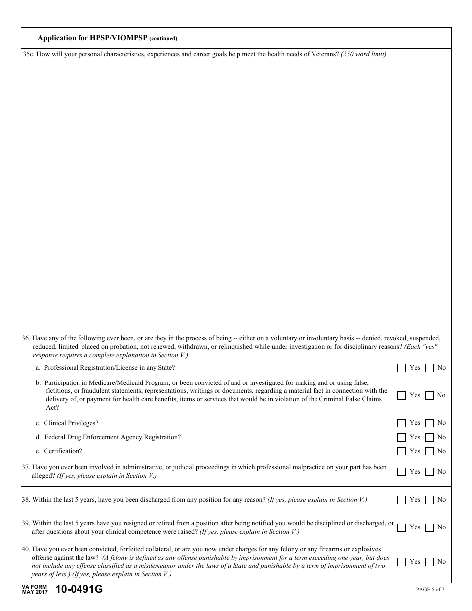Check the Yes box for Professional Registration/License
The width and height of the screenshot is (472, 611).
click(401, 368)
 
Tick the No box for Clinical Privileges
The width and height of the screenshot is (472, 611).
click(429, 423)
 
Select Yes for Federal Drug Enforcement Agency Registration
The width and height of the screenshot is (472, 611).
click(401, 438)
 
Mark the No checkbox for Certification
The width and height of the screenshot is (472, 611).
click(429, 451)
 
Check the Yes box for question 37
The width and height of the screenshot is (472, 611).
click(401, 472)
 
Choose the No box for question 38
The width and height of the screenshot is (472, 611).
click(429, 500)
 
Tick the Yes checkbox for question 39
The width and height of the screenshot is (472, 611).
click(401, 527)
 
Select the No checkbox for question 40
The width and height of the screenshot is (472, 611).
click(429, 562)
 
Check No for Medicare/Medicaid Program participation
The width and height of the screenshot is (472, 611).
click(429, 395)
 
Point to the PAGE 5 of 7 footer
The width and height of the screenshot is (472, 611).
click(430, 590)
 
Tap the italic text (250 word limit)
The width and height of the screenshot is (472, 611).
click(363, 54)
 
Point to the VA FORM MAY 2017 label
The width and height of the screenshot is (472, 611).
click(34, 590)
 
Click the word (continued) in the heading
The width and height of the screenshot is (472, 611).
click(163, 38)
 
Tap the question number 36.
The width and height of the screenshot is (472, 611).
click(26, 338)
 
